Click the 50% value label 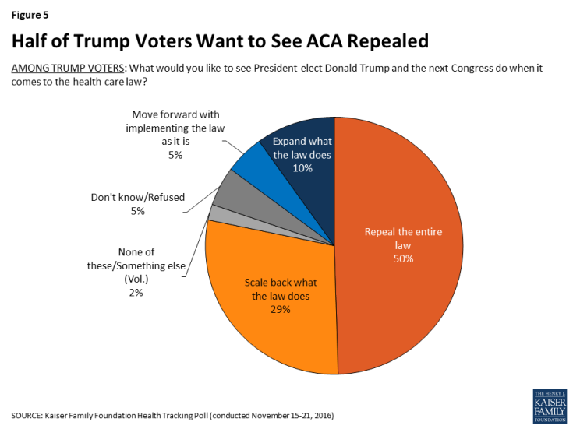tap(402, 258)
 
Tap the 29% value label tap(280, 309)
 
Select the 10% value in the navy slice tap(302, 167)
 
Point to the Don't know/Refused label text tap(137, 197)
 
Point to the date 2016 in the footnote tap(322, 416)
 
